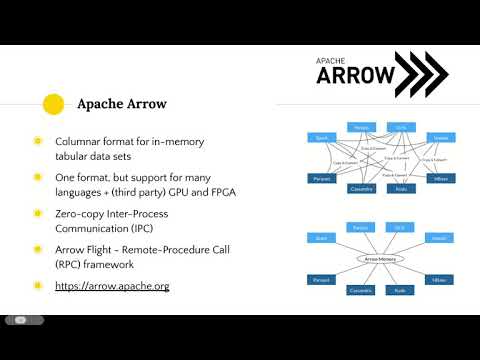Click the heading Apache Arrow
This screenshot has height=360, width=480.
(121, 103)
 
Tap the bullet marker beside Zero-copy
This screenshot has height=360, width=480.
(38, 213)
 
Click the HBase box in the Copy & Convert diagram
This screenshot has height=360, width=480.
(441, 178)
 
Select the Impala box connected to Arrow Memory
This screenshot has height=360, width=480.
(441, 239)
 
